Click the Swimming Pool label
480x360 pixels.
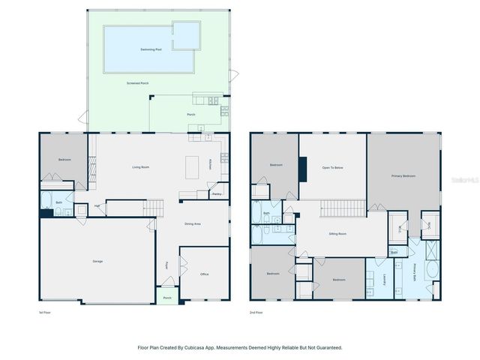(x=151, y=49)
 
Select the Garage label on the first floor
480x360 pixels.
(x=97, y=261)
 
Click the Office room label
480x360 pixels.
(x=204, y=274)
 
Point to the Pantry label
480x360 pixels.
(x=216, y=194)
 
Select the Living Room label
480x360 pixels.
(x=140, y=166)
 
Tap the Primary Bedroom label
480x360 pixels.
(x=403, y=175)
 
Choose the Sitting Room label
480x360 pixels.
(x=337, y=234)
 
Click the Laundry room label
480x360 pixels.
(x=382, y=279)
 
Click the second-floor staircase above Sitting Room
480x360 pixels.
(x=343, y=208)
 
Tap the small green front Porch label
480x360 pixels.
(x=166, y=298)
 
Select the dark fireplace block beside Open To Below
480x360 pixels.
(x=302, y=169)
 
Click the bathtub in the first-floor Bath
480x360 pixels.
(x=46, y=200)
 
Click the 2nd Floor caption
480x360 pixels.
(x=257, y=312)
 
